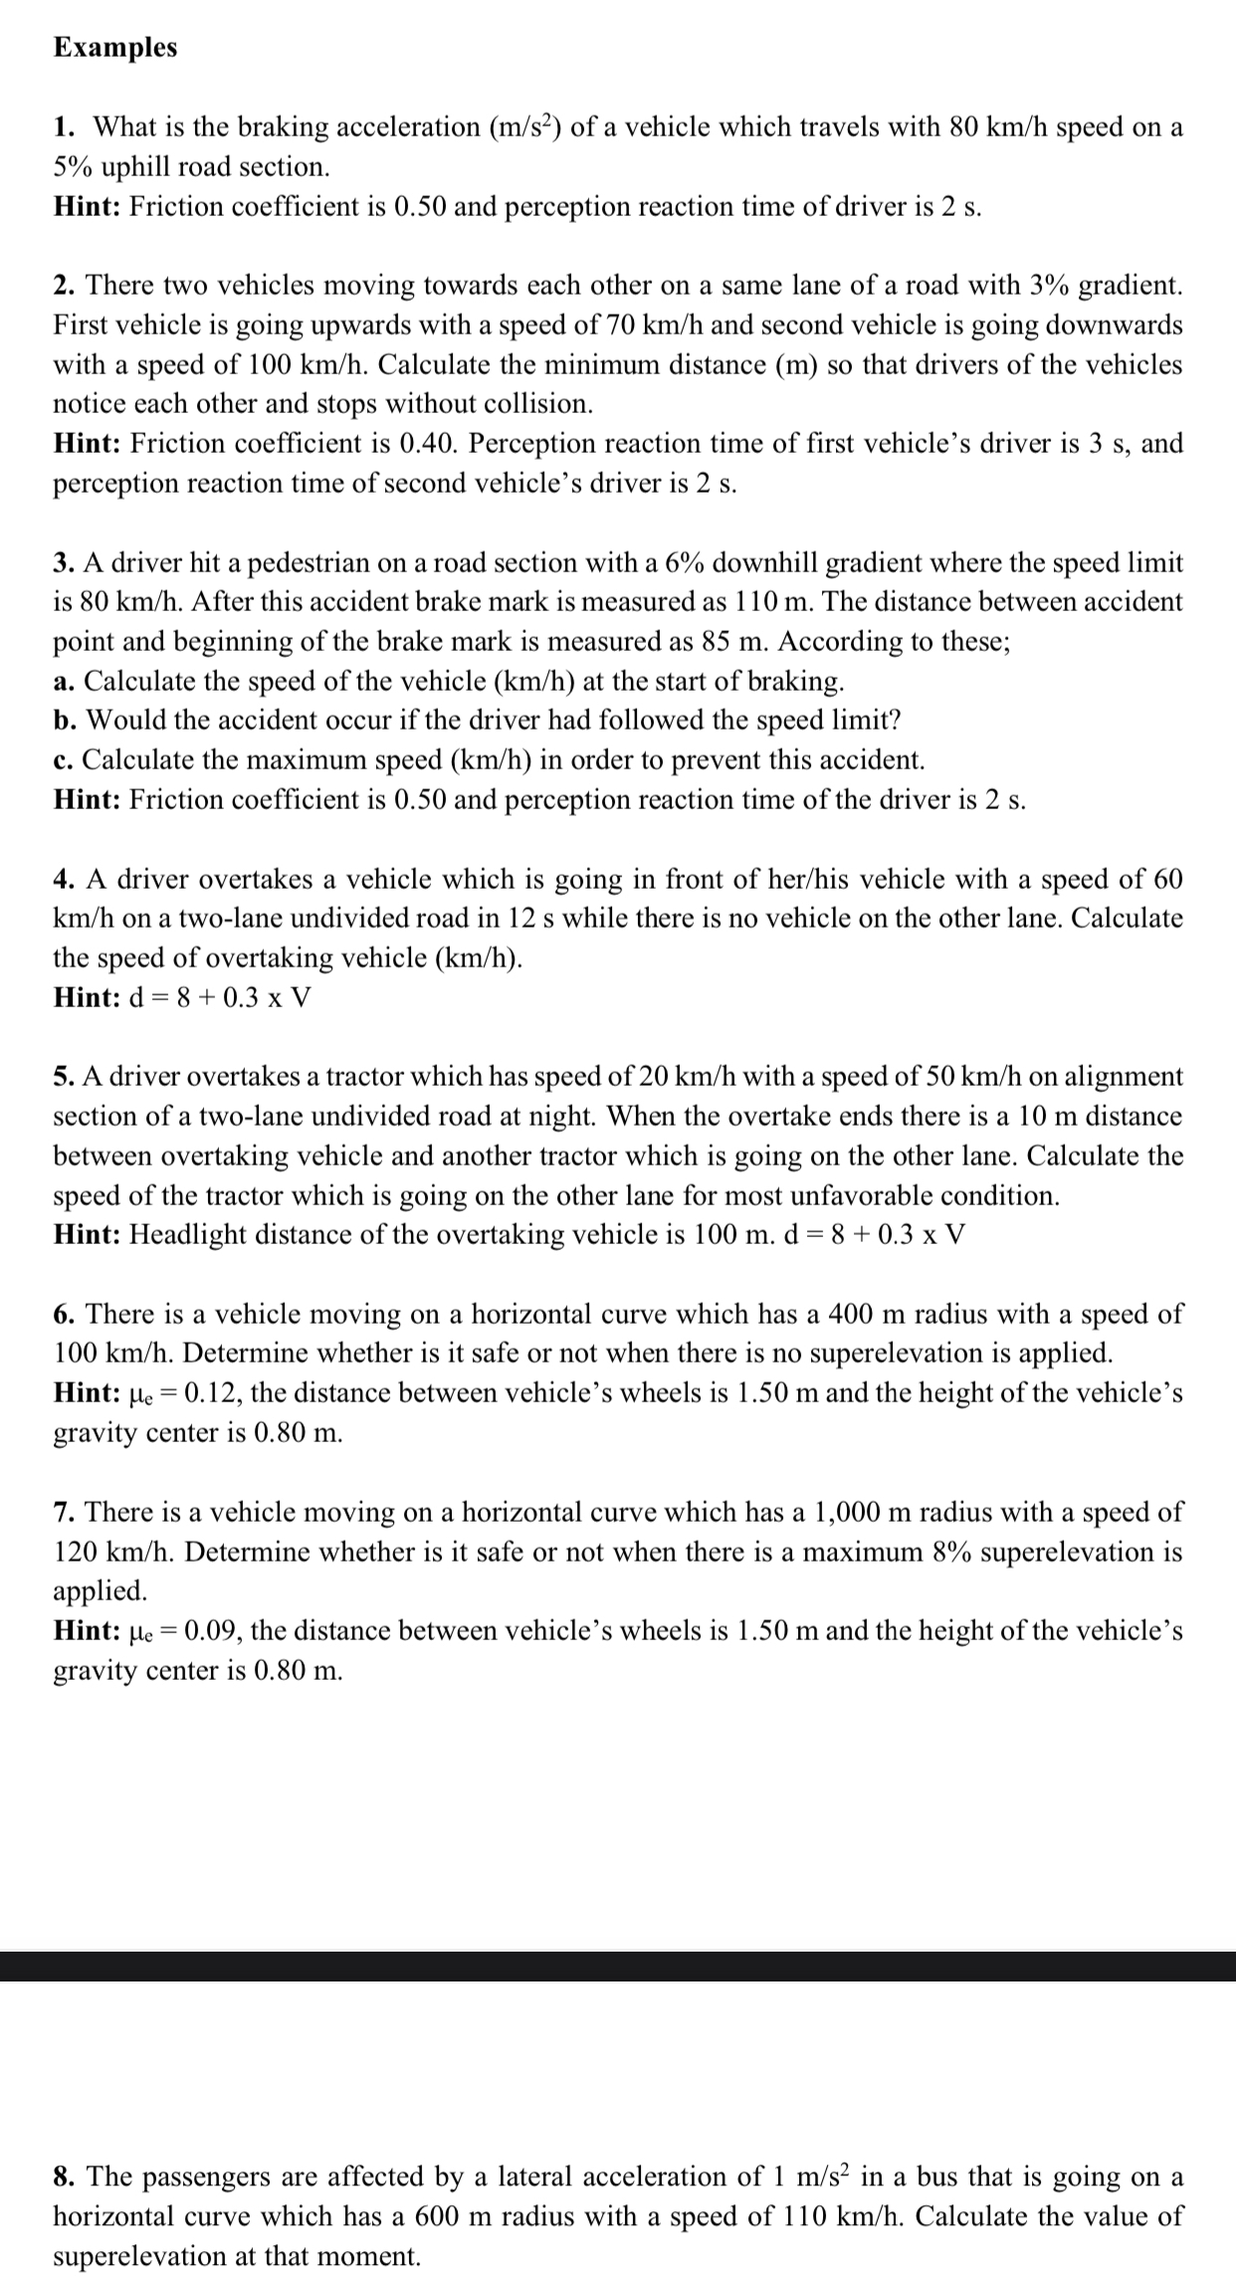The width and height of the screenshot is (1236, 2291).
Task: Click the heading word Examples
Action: tap(115, 48)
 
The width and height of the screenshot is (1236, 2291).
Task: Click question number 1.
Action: tap(64, 127)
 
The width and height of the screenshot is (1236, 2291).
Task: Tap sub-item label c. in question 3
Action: tap(64, 760)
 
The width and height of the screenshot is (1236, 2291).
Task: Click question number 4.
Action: tap(65, 880)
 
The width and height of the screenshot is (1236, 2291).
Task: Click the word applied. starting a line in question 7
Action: tap(100, 1591)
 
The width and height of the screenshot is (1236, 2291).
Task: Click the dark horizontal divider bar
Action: tap(618, 1966)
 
